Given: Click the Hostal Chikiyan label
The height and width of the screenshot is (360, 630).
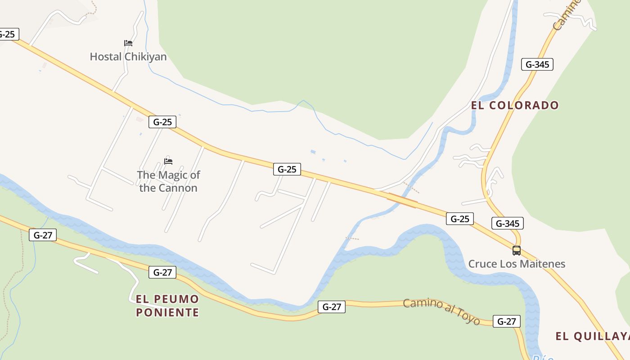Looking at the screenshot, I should pyautogui.click(x=128, y=57).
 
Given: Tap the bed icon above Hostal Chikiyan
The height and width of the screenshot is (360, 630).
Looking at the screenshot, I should pyautogui.click(x=128, y=43).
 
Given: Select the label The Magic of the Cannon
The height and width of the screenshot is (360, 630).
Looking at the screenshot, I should pyautogui.click(x=168, y=181).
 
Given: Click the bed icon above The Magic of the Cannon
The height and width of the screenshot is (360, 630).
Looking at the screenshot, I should pyautogui.click(x=168, y=161).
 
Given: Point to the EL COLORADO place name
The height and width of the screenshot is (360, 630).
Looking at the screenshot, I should pyautogui.click(x=515, y=105).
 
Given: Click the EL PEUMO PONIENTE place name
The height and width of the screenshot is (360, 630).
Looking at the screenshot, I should pyautogui.click(x=167, y=306).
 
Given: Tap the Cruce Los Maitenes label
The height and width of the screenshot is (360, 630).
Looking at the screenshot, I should pyautogui.click(x=517, y=264).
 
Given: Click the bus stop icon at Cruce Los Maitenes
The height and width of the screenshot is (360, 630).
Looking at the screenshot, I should pyautogui.click(x=517, y=251).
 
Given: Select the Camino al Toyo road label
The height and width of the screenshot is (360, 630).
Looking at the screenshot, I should pyautogui.click(x=441, y=311).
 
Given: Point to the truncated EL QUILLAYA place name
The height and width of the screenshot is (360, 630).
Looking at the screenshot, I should pyautogui.click(x=592, y=336).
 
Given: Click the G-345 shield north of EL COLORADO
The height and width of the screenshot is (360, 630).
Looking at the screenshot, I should pyautogui.click(x=537, y=64).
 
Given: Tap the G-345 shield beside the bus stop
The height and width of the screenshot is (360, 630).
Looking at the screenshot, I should pyautogui.click(x=508, y=223).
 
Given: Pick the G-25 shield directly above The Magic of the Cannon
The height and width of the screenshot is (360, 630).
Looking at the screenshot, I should pyautogui.click(x=162, y=122).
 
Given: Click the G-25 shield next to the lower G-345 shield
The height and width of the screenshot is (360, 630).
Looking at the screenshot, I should pyautogui.click(x=460, y=219).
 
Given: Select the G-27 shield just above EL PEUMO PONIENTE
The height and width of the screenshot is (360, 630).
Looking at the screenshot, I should pyautogui.click(x=162, y=272).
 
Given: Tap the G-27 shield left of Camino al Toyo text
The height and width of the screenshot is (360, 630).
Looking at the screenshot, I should pyautogui.click(x=332, y=307).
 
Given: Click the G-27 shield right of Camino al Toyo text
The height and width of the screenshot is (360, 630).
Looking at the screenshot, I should pyautogui.click(x=507, y=321).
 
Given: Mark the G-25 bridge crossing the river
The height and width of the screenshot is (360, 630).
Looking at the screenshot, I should pyautogui.click(x=403, y=200).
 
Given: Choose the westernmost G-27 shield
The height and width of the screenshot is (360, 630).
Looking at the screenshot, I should pyautogui.click(x=43, y=235).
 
